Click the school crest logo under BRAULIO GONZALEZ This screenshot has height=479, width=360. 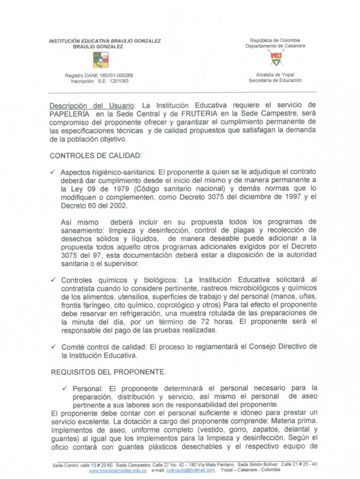[x=101, y=60]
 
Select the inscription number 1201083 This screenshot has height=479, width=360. [x=119, y=81]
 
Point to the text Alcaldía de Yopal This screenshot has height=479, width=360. [x=275, y=75]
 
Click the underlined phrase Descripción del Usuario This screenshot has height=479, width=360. [x=92, y=106]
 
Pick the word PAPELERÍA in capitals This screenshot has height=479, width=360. [x=69, y=114]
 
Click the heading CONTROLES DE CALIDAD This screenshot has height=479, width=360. [x=96, y=156]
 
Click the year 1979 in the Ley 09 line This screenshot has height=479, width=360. [x=121, y=189]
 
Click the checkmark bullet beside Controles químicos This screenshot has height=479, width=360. [x=53, y=280]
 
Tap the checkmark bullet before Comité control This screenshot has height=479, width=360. [x=54, y=347]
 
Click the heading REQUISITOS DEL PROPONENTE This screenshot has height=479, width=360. [x=108, y=372]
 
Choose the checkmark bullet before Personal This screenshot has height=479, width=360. [x=65, y=388]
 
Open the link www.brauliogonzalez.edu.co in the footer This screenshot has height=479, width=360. [x=118, y=470]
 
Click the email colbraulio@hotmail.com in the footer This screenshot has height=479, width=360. [x=191, y=470]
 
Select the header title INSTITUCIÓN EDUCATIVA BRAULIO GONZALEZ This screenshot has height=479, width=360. [x=105, y=41]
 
